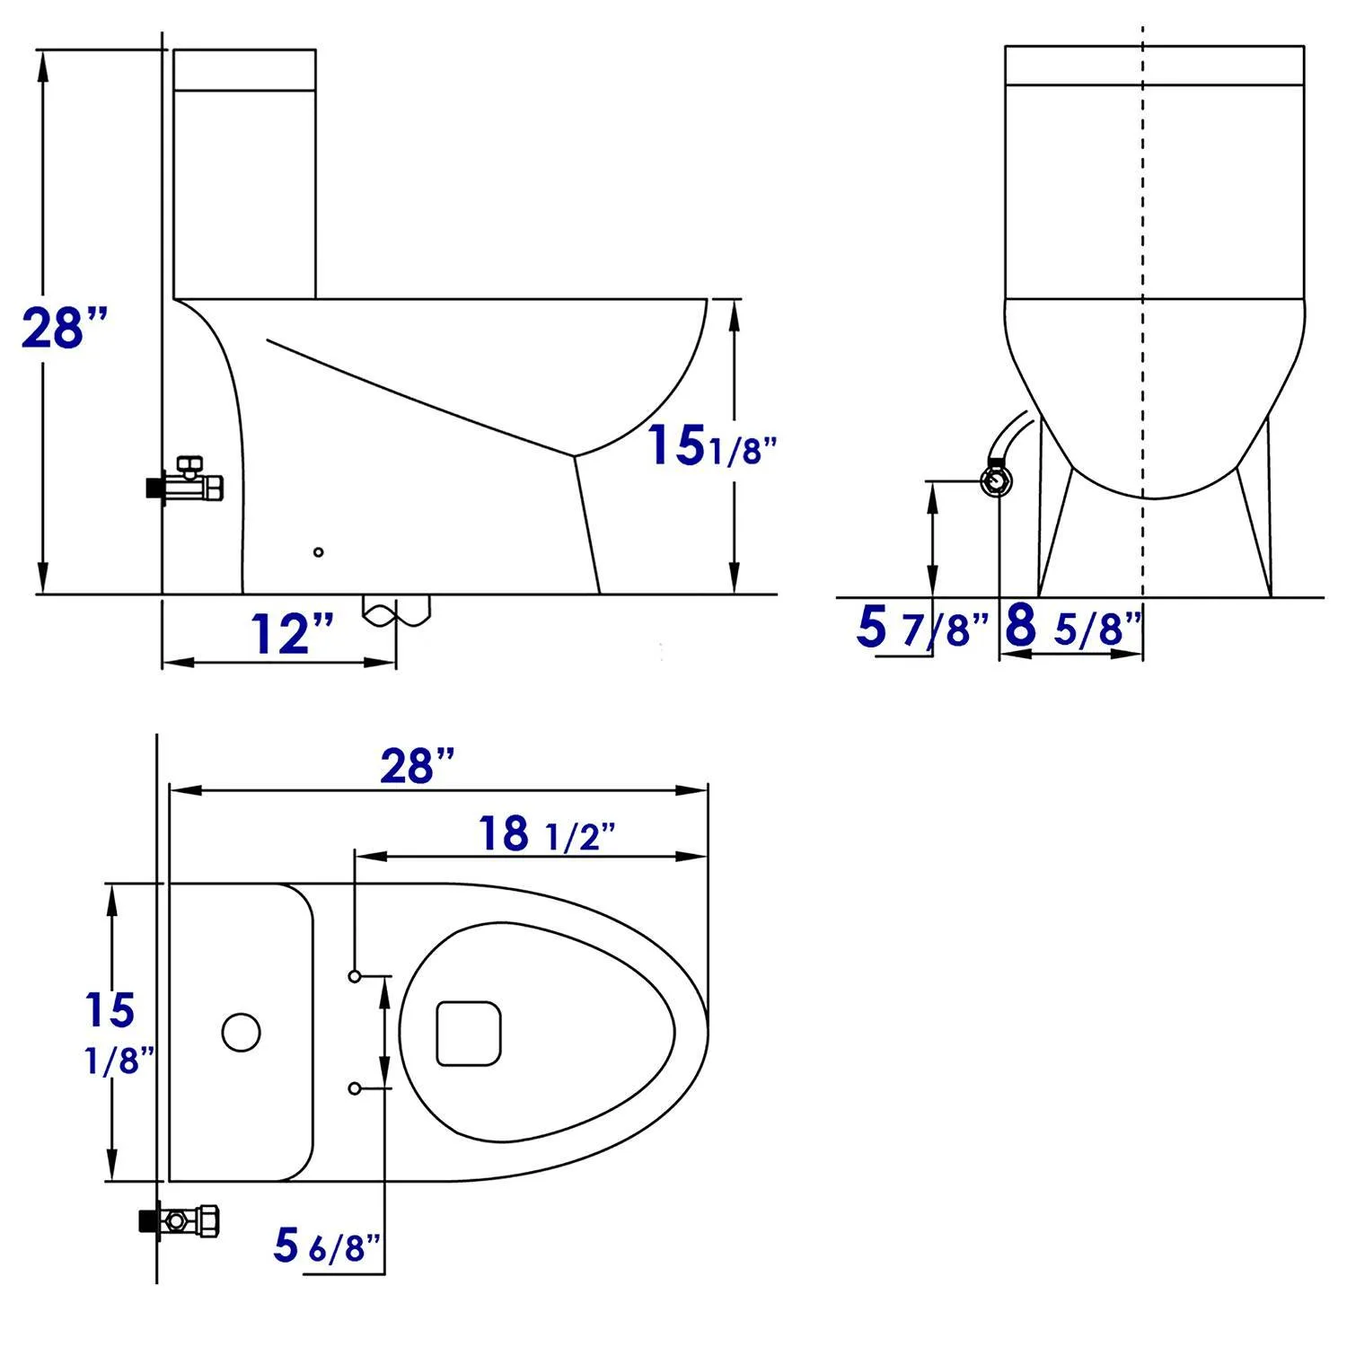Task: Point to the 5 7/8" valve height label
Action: coord(920,627)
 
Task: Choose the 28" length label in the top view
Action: coord(418,766)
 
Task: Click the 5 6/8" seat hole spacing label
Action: coord(327,1246)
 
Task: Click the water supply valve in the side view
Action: coord(187,483)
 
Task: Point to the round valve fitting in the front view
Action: coord(997,482)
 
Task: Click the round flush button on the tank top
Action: coord(241,1033)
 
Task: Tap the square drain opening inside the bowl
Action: coord(468,1033)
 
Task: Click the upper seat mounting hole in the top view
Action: coord(355,975)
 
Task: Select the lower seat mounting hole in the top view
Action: coord(355,1088)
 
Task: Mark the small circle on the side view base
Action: coord(318,552)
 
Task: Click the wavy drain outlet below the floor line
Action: coord(396,610)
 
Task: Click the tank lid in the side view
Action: coord(244,69)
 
